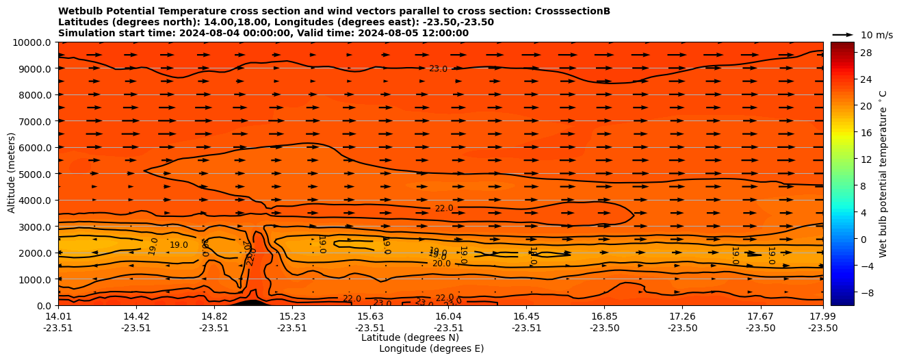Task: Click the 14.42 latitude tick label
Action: tap(136, 316)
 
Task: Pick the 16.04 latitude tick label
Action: tap(448, 316)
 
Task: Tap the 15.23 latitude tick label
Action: tap(292, 316)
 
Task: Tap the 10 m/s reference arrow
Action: tap(842, 34)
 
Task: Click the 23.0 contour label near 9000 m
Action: tap(438, 68)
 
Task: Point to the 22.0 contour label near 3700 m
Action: tap(444, 208)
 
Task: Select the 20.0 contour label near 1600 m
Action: tap(441, 263)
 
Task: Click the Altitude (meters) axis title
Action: tap(12, 174)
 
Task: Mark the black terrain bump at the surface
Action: tap(250, 302)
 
